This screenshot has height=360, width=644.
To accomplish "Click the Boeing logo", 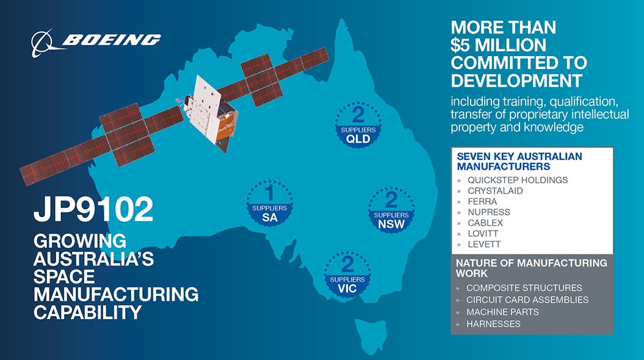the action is pos(96,42).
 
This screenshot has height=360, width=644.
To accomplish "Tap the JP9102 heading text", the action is pos(93,209).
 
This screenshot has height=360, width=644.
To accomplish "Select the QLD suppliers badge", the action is pos(358,125).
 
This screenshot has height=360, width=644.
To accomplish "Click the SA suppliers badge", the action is pos(270,203).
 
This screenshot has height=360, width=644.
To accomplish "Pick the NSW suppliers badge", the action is pos(391,210).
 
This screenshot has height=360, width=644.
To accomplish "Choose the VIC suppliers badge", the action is pos(347,275).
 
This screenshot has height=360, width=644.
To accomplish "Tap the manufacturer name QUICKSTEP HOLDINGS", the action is pos(518,180).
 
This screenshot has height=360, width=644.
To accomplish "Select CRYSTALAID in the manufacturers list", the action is pos(495,190).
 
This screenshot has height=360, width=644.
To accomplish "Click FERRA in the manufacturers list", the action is pos(482,201).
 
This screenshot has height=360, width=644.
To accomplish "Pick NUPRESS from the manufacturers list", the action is pos(489,212).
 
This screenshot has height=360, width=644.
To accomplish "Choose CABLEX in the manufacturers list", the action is pos(485,223).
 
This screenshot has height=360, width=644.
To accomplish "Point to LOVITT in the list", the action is pos(483,233).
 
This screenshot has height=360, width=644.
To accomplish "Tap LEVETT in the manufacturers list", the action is pos(484,244).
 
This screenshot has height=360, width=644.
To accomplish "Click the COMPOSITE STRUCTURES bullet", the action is pos(524,288).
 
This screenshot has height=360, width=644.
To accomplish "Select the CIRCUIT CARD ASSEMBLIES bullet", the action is pos(527,300).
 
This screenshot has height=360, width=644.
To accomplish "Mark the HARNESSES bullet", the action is pos(493,324).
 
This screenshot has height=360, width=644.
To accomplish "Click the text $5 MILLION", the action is pos(499,45).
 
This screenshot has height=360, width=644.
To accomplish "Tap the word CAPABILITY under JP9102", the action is pos(88,312).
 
